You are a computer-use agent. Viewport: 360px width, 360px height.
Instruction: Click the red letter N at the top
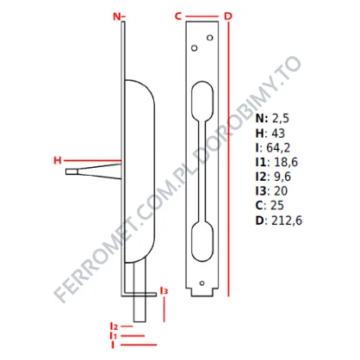point(117,16)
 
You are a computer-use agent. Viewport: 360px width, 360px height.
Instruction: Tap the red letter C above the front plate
point(178,16)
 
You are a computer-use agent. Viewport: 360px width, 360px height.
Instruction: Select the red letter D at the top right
point(228,16)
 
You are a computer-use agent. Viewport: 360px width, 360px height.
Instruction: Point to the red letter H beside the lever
point(58,160)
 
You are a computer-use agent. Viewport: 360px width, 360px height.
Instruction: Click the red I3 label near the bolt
point(164,291)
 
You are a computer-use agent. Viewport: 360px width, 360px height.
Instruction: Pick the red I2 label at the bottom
point(114,326)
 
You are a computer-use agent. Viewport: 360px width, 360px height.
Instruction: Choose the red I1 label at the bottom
point(114,335)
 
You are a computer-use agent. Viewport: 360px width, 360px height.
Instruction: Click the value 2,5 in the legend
point(281,118)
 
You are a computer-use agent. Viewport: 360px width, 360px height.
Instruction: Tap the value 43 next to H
point(278,133)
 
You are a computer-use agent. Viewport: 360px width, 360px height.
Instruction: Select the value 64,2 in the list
point(278,147)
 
